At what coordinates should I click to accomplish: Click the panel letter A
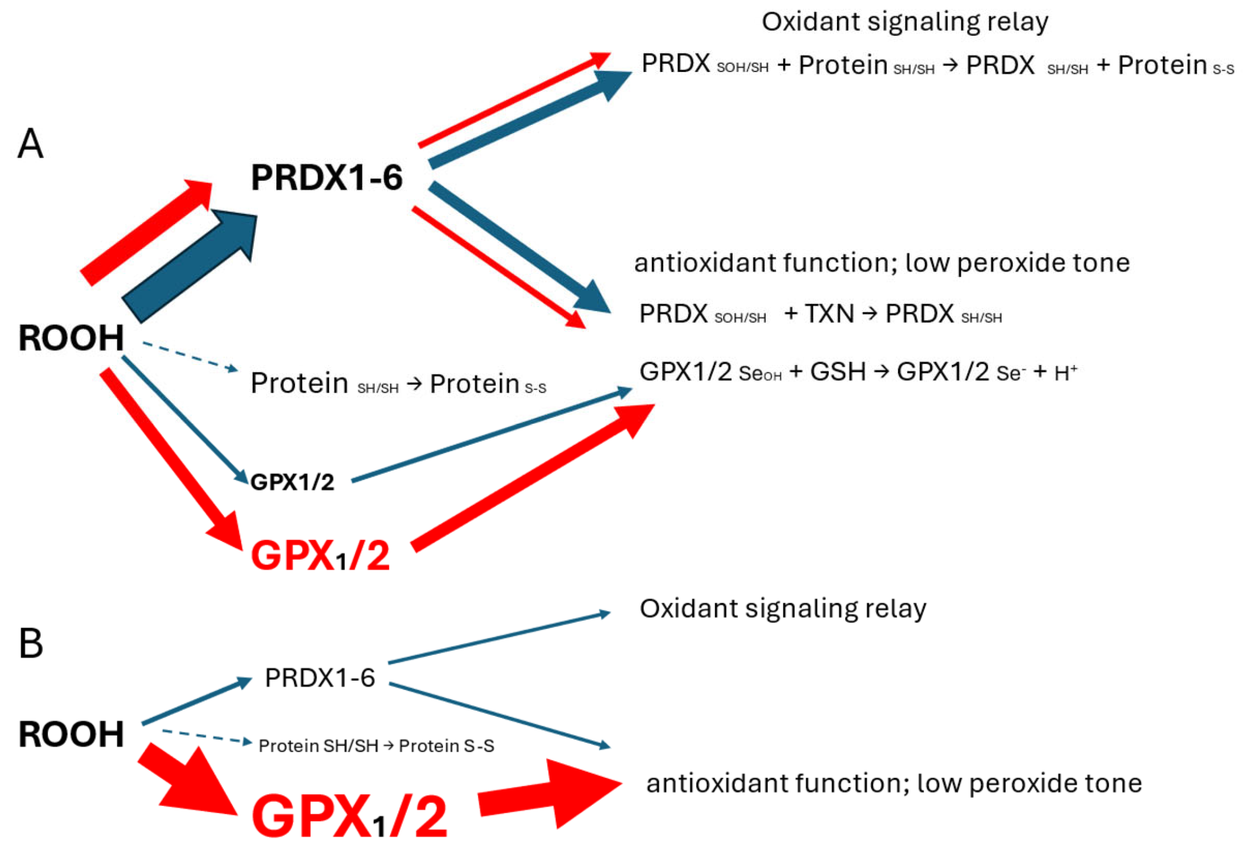(x=30, y=143)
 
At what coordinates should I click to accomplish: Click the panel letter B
(x=31, y=643)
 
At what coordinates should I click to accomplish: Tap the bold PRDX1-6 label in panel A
(x=326, y=178)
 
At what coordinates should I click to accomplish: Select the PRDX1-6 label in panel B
(x=319, y=677)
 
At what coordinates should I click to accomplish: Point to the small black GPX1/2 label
(x=292, y=482)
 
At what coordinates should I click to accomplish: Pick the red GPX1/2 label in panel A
(x=320, y=555)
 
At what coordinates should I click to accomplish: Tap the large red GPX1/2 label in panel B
(x=349, y=816)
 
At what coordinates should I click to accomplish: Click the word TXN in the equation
(x=829, y=314)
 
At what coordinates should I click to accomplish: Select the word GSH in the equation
(x=838, y=372)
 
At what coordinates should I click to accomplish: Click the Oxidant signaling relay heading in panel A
(x=904, y=22)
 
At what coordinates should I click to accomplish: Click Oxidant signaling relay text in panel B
(x=783, y=609)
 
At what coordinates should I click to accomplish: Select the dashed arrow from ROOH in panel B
(x=206, y=736)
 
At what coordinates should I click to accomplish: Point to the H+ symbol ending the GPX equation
(x=1065, y=373)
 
